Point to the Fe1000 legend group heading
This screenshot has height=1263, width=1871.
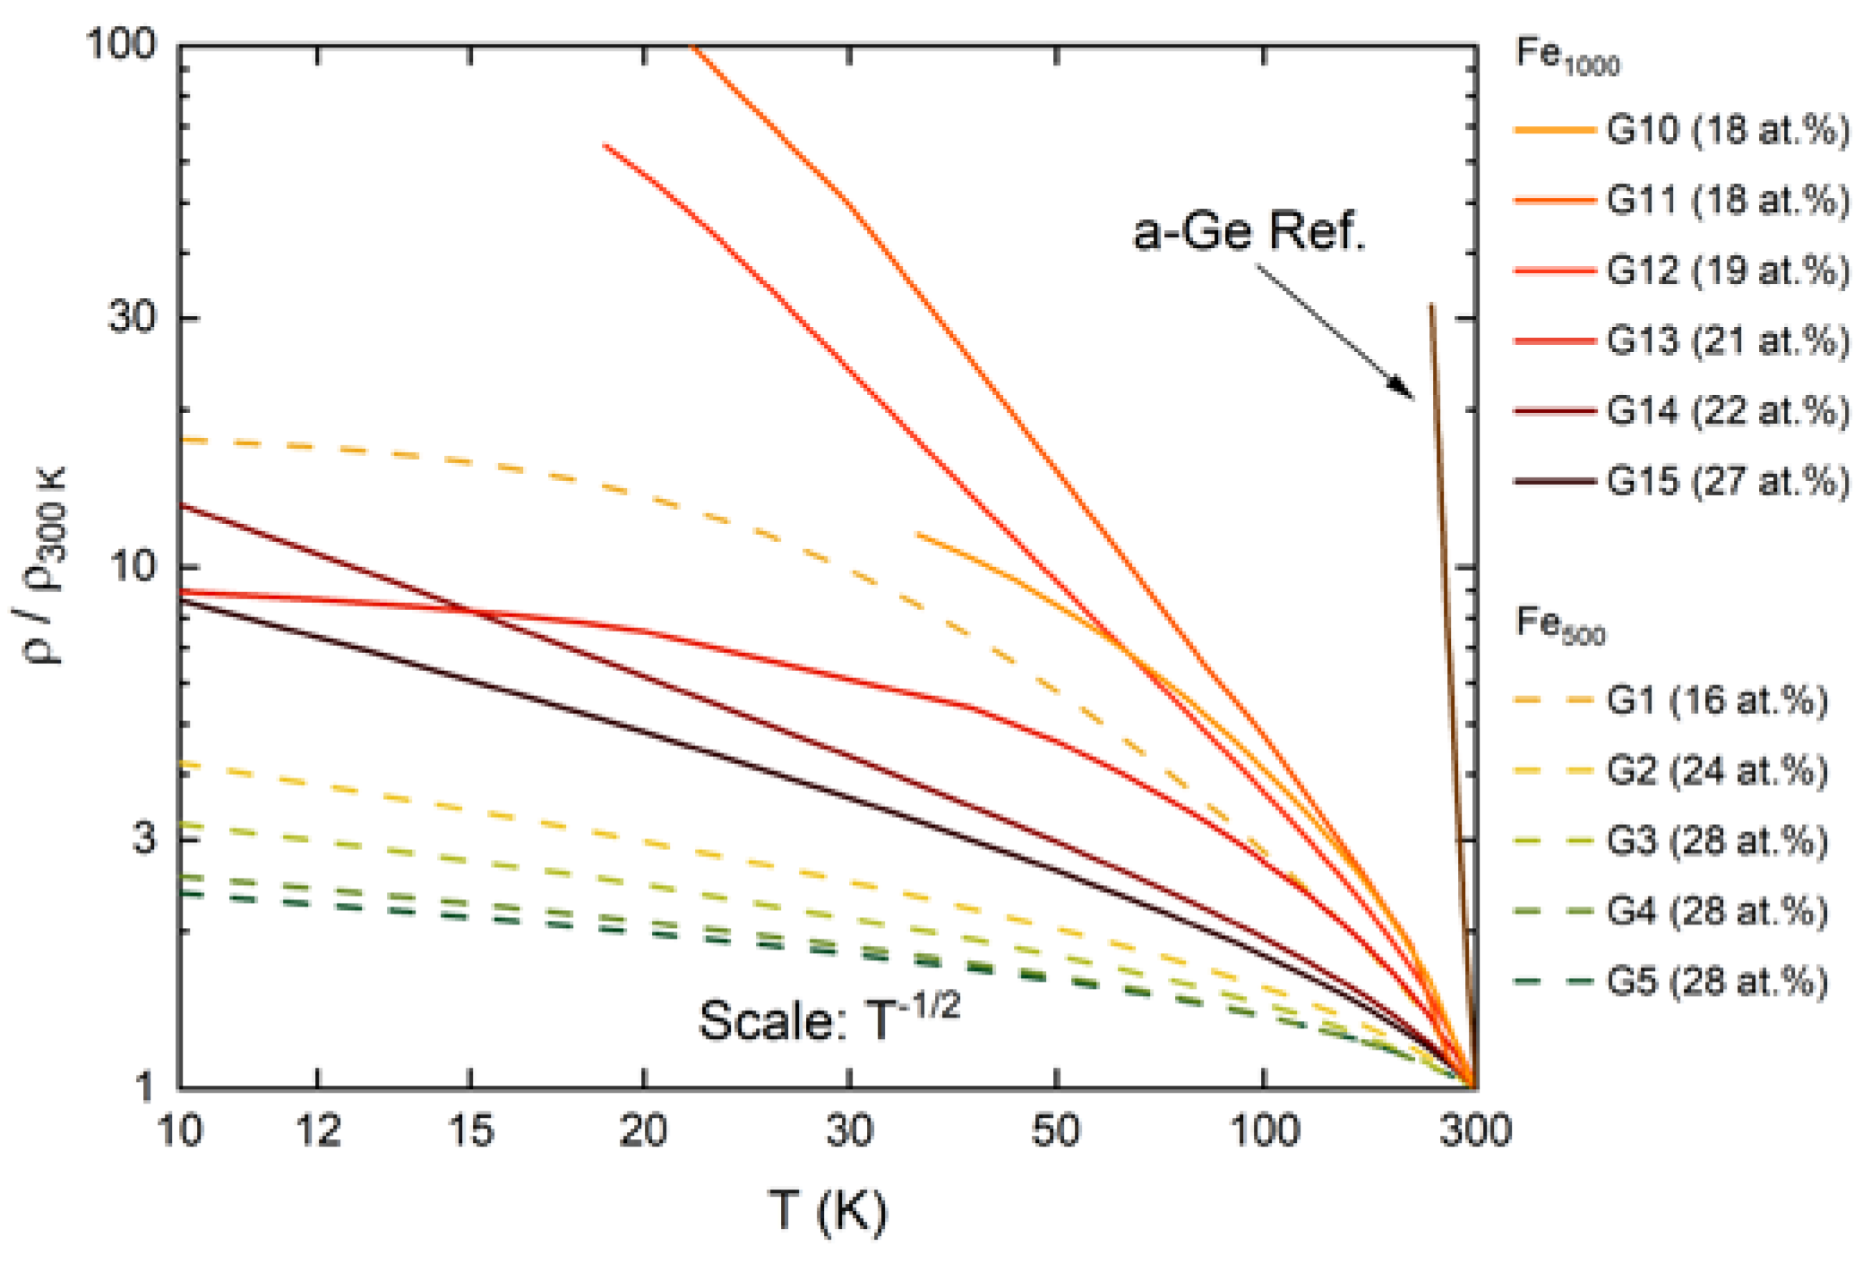tap(1566, 56)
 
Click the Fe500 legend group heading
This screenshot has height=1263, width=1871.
tap(1559, 623)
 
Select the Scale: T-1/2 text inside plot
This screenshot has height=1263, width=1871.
tap(828, 1018)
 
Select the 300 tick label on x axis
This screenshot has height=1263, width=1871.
tap(1474, 1131)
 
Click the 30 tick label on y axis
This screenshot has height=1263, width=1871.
tap(132, 316)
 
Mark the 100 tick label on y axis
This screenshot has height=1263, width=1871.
tap(121, 43)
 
